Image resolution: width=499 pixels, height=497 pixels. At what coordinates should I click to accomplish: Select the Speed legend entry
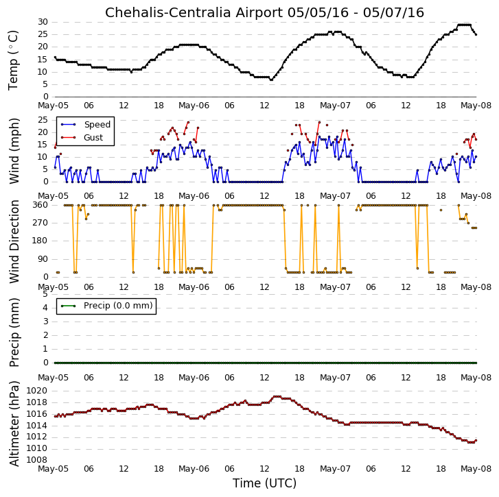coord(86,125)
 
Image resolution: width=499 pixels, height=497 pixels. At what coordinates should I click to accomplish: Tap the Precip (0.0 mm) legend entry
coord(106,306)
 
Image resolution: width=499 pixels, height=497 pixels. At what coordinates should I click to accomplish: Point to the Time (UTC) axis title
coord(264,483)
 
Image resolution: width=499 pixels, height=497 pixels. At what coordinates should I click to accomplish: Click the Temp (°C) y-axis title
coord(14,60)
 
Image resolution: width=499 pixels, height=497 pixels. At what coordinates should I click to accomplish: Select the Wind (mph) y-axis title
coord(14,151)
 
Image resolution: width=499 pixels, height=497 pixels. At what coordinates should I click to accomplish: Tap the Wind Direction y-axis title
coord(14,241)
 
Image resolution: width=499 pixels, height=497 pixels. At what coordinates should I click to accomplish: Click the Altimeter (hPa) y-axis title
coord(14,424)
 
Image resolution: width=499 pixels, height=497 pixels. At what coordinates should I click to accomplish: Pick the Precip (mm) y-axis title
coord(14,332)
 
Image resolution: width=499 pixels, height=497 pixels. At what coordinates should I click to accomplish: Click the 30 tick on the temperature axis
coord(43,22)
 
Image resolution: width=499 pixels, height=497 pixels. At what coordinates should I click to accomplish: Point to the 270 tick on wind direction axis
coord(40,223)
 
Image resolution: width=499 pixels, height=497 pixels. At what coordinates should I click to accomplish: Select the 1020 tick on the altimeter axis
coord(36,391)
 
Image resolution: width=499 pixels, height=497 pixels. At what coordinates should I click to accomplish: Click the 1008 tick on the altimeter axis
coord(36,460)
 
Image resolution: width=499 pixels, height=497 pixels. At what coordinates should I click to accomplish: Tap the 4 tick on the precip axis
coord(45,308)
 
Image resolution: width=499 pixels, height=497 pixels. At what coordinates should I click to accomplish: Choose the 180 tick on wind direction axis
coord(40,241)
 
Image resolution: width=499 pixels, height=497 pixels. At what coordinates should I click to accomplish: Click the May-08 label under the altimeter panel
coord(476,469)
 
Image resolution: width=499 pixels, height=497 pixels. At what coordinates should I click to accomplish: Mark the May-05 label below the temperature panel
coord(53,106)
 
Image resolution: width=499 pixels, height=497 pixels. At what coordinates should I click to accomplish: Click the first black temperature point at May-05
coord(55,58)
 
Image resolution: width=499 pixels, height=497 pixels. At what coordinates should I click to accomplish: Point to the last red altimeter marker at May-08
coord(476,440)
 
